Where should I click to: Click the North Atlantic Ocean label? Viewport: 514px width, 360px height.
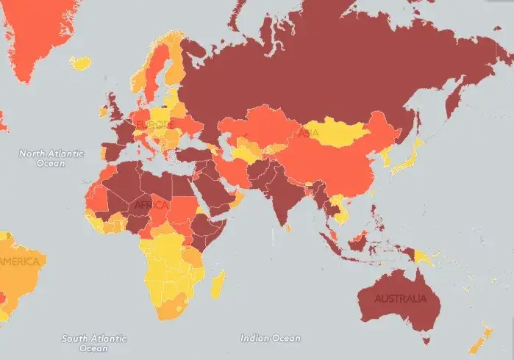51,157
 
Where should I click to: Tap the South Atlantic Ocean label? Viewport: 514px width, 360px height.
93,343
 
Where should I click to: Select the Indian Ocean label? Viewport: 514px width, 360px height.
271,338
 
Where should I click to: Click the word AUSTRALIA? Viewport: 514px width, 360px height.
400,299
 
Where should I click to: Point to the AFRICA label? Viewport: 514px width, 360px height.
151,205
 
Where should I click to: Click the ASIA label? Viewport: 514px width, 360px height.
308,133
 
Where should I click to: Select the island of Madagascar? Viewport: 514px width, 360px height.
218,284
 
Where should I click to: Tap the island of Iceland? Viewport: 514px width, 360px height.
81,63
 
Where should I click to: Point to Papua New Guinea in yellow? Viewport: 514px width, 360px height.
425,256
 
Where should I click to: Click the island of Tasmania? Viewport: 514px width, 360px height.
425,339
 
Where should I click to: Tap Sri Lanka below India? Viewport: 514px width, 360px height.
288,227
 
